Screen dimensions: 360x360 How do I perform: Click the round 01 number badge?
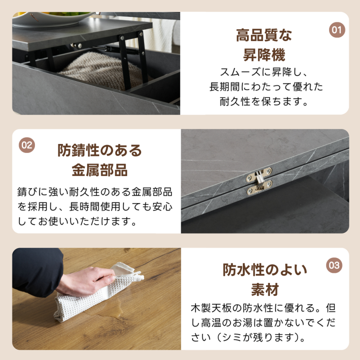coord(337,30)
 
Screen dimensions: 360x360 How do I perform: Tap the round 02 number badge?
coord(27,145)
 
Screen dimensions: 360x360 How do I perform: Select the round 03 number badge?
coord(334,265)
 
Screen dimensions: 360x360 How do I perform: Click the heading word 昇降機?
coord(264,55)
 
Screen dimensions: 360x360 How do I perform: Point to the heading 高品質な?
coord(264,35)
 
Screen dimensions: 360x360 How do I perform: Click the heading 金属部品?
coord(100,170)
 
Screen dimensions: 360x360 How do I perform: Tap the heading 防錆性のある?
coord(100,150)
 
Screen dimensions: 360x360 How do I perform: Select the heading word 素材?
coord(265,290)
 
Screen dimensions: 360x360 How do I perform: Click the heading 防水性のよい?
coord(265,270)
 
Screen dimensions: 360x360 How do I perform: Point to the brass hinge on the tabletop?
coord(259,181)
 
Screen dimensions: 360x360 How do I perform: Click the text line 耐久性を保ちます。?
coord(264,101)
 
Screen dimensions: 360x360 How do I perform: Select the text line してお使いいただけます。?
coord(78,221)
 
